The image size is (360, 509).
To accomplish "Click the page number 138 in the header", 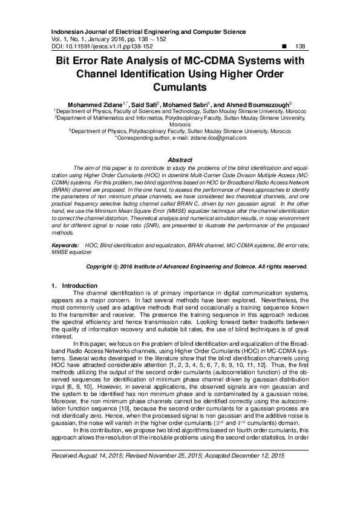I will (x=299, y=46).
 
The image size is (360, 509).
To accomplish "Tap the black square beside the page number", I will (x=284, y=46).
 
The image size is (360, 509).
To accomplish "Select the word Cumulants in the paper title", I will (x=180, y=87).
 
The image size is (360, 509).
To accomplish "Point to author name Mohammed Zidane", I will (x=94, y=104).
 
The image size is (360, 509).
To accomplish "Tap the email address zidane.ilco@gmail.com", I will (x=212, y=138).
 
